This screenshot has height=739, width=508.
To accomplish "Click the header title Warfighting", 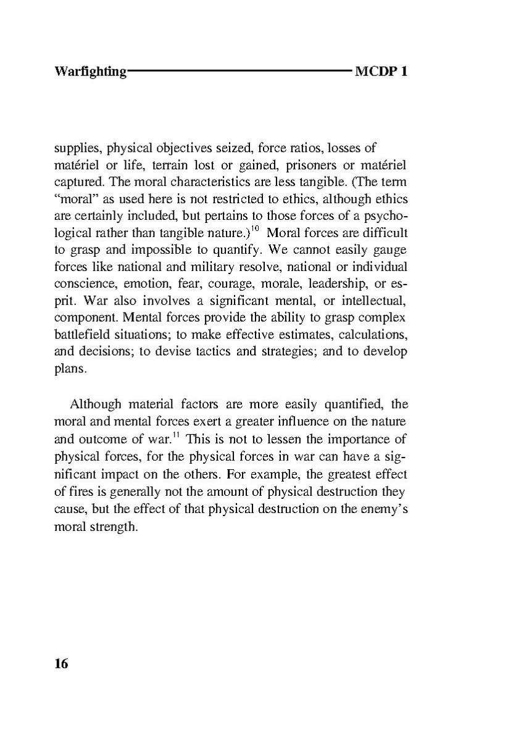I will click(90, 72).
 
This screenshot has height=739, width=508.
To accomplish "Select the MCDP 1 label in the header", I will click(381, 72).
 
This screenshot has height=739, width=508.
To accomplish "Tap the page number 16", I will click(61, 664).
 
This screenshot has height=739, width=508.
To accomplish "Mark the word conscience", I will click(80, 286).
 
